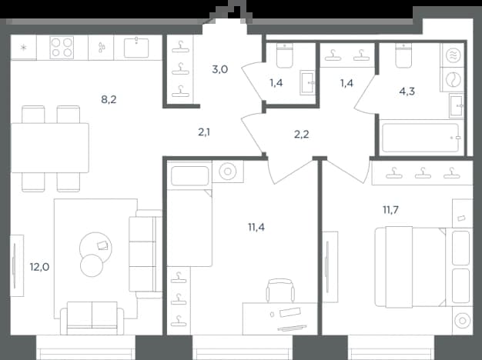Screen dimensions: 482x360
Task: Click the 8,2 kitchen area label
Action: tap(109, 99)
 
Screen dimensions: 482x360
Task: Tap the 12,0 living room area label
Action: tap(39, 267)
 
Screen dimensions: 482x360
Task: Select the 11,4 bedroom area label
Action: tap(256, 227)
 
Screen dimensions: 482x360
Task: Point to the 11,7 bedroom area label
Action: tap(390, 210)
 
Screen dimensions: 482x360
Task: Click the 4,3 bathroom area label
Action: tap(407, 92)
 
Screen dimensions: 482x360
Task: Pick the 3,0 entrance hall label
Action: tap(219, 69)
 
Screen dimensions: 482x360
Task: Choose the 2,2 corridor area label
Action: tap(301, 135)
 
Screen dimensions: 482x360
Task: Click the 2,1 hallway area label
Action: tap(204, 132)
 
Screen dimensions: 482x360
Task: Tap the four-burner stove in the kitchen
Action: tap(62, 47)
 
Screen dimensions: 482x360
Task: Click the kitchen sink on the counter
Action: tap(136, 48)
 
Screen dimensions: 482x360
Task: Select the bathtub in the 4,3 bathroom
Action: tap(420, 138)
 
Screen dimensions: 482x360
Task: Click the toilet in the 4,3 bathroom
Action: tap(403, 55)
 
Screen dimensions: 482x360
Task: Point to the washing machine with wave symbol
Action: tap(453, 56)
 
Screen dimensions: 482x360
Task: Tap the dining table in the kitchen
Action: tap(50, 148)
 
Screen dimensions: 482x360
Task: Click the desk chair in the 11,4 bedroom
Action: tap(280, 290)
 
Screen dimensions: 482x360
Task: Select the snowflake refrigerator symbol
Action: tap(23, 47)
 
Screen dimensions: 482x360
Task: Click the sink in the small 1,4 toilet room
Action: tap(307, 82)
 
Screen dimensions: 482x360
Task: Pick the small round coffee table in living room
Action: tap(92, 265)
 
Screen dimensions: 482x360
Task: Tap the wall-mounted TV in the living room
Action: tap(17, 265)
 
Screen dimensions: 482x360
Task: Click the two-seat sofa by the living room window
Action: tap(92, 318)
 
